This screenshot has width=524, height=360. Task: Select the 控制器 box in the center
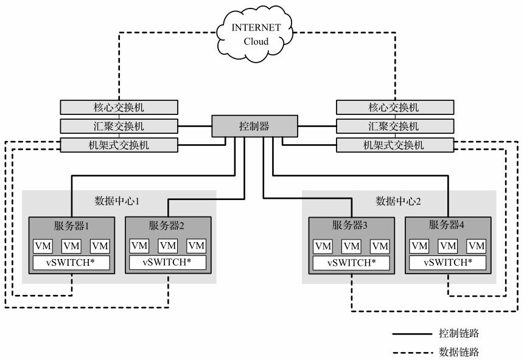[x=254, y=126]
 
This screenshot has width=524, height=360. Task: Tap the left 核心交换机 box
[x=119, y=107]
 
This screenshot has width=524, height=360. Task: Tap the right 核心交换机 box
[x=394, y=107]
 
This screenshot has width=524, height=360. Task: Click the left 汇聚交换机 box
[x=119, y=126]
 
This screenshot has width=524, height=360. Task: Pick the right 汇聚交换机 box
[x=394, y=126]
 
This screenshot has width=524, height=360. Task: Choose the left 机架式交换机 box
[x=119, y=145]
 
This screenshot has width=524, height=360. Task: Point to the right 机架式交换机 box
[x=394, y=145]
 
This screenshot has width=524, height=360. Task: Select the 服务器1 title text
[x=71, y=226]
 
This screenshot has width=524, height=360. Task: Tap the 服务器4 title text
[x=447, y=226]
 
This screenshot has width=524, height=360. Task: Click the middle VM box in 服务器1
[x=71, y=246]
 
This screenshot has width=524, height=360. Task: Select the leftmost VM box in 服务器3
[x=323, y=246]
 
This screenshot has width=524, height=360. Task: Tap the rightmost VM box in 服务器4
[x=477, y=246]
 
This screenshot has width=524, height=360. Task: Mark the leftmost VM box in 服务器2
[x=139, y=246]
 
